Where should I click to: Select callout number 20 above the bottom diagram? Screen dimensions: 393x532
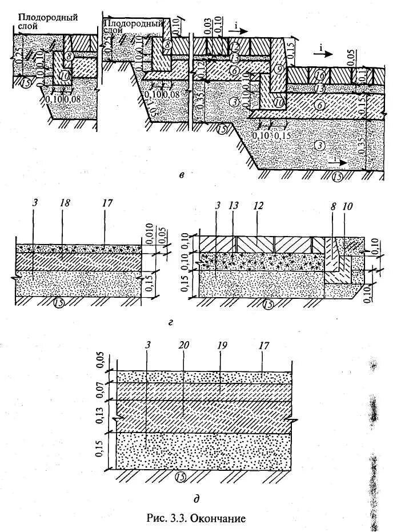183,346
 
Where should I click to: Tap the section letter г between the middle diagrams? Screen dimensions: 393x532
172,324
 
